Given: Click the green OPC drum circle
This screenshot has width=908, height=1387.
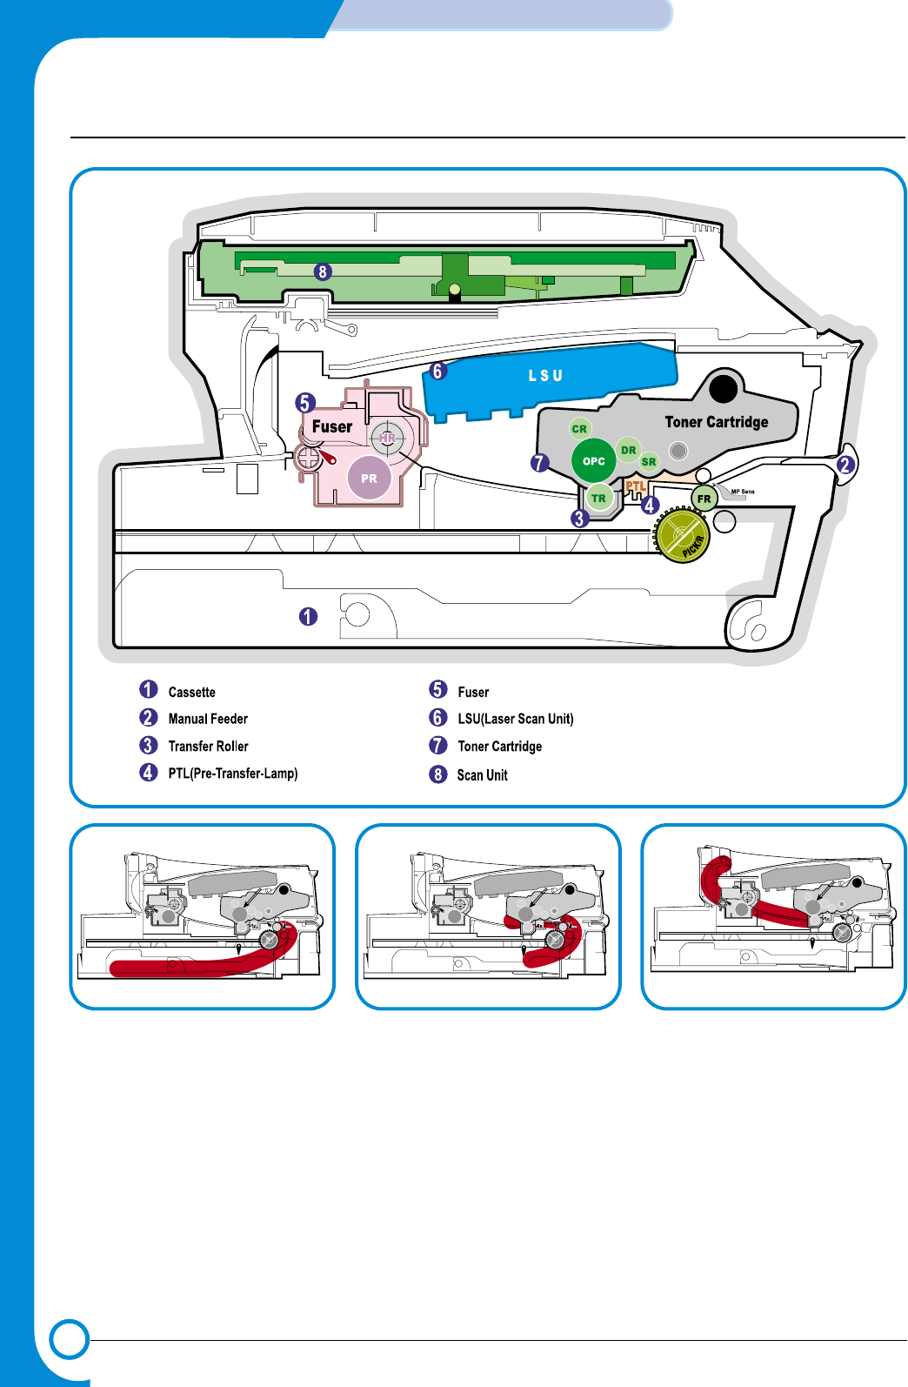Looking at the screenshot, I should [594, 461].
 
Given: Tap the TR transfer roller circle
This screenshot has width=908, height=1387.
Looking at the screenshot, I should [598, 499].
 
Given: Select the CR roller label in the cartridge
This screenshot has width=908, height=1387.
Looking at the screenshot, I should [579, 429].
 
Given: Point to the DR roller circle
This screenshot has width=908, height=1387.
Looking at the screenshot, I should [628, 450].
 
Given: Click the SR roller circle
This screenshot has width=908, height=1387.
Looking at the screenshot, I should [649, 462].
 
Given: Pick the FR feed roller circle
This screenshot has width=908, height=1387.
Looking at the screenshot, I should [704, 499].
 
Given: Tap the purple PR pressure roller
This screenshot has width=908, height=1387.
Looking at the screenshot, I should [369, 479].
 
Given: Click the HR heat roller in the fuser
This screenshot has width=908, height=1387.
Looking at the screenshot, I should [387, 439].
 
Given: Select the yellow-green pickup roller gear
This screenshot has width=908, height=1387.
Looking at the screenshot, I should [684, 536].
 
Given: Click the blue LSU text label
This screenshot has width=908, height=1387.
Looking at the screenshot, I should [545, 376].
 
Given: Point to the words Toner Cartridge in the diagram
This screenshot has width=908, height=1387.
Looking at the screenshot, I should [717, 422].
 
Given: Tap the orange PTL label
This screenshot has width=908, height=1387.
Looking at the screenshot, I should [636, 486].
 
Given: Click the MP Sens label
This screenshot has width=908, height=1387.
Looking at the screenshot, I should [743, 492].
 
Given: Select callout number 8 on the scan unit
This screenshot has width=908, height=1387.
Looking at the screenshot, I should [323, 272].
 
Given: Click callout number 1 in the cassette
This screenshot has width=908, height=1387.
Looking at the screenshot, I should [308, 617].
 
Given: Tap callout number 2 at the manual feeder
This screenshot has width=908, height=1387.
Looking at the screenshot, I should [844, 465].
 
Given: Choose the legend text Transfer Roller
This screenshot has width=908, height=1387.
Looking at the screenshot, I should [208, 747].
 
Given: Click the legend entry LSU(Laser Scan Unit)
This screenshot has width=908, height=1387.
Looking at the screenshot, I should [516, 719].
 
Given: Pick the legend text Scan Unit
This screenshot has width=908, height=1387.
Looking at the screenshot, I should [483, 775].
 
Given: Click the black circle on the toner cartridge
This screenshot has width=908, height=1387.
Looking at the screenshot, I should [723, 388].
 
